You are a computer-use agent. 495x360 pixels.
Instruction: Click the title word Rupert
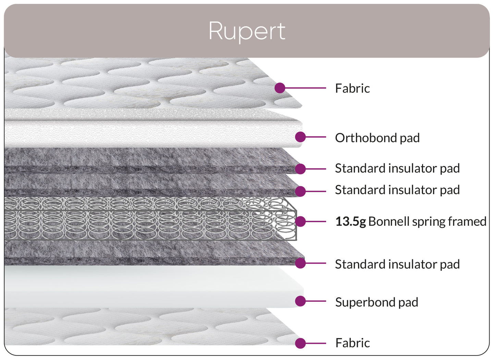coord(247,31)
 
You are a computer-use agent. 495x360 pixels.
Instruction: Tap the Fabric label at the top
coord(352,88)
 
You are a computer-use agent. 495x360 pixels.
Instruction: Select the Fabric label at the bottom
coord(352,343)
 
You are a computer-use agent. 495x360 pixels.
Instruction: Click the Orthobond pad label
coord(377,138)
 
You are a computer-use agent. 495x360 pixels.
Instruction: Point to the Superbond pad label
coord(376,302)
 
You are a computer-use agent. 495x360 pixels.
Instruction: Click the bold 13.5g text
coord(350,222)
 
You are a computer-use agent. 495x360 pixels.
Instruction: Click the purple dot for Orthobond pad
coord(300,137)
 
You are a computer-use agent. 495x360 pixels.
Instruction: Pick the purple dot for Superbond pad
coord(300,301)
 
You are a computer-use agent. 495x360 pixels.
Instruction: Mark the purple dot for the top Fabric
coord(280,88)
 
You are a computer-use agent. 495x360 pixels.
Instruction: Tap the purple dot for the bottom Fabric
coord(300,343)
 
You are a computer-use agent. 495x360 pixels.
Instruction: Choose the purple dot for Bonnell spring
coord(300,222)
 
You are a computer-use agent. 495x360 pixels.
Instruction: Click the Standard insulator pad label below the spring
coord(397,264)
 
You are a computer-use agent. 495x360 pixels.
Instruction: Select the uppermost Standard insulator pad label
coord(397,168)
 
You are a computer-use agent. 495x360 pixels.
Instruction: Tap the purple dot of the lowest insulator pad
coord(300,263)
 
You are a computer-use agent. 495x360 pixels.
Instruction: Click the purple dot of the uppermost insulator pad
coord(300,169)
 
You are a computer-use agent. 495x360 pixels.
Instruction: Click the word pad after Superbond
coord(408,302)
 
